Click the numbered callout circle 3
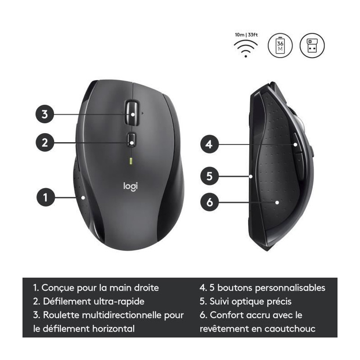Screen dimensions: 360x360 [45, 114]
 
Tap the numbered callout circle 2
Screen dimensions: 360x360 [45, 142]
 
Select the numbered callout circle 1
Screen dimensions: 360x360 [46, 197]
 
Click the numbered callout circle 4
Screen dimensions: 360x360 [209, 144]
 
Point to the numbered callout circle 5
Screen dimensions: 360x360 [209, 176]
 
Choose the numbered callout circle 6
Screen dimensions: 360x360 [209, 202]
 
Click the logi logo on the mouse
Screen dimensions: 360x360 [130, 186]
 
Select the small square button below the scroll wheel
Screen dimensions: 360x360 [131, 139]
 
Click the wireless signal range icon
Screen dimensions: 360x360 [246, 48]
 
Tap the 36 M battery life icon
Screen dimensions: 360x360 [280, 45]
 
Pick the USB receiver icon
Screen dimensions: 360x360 [312, 45]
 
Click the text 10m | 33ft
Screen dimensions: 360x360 [246, 35]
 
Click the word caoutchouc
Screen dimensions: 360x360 [290, 329]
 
